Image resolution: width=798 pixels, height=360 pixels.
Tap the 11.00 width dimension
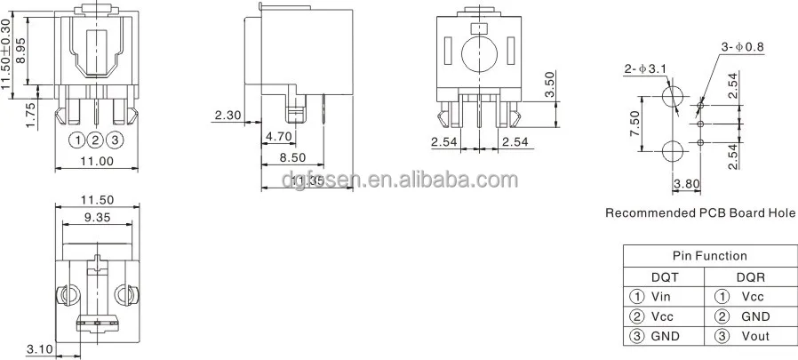coord(97,161)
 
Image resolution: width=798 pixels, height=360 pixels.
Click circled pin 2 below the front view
coord(96,140)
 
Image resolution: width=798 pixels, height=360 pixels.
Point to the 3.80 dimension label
coord(687,185)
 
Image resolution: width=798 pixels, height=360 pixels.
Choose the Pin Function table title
coord(708,256)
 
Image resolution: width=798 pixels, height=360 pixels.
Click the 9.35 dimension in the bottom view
coord(97,216)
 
